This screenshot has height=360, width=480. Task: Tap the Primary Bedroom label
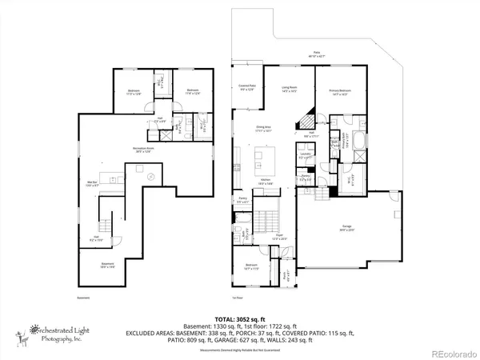point(341,93)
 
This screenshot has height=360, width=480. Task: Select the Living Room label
point(289,90)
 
